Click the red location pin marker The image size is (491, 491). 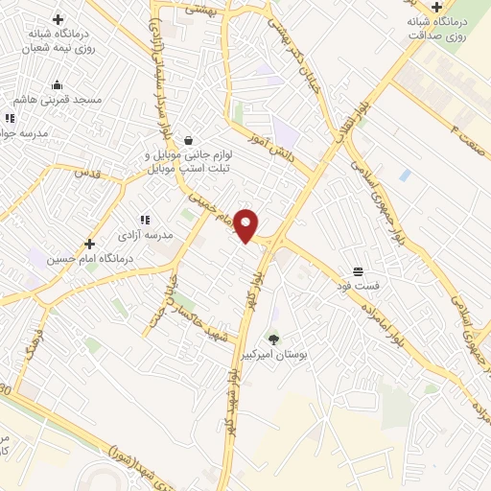(247, 225)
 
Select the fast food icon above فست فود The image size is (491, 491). (358, 271)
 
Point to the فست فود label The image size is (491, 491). (358, 286)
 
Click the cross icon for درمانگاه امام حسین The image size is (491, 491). (90, 244)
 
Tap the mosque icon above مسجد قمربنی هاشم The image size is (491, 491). (58, 84)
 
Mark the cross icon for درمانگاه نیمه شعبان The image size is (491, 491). (58, 19)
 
